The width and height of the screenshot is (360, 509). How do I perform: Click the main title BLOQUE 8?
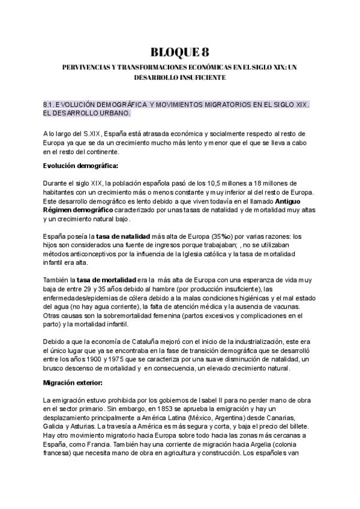pos(179,52)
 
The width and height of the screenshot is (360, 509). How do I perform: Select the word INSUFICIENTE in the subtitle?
pos(201,78)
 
